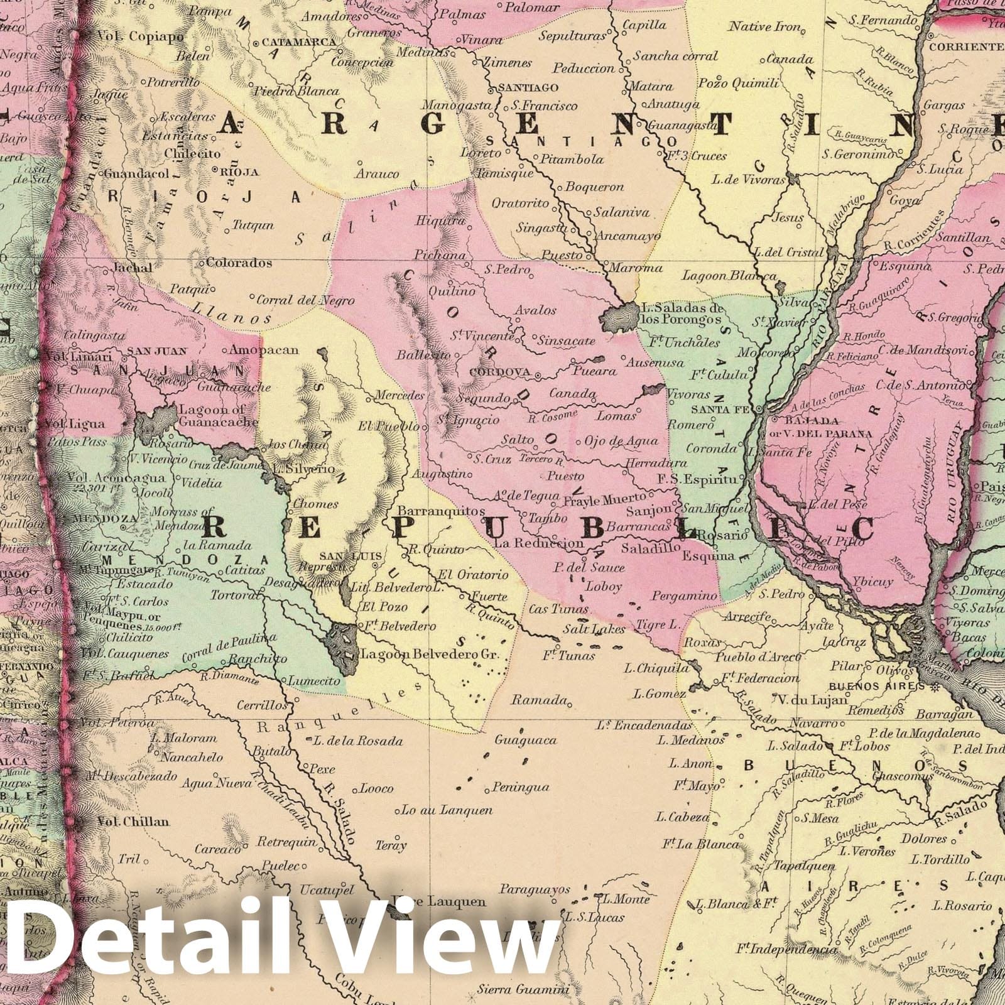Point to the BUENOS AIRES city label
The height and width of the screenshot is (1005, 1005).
877,687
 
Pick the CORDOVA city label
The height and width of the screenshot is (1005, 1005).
501,372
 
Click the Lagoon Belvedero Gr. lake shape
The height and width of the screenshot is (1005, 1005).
342,644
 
